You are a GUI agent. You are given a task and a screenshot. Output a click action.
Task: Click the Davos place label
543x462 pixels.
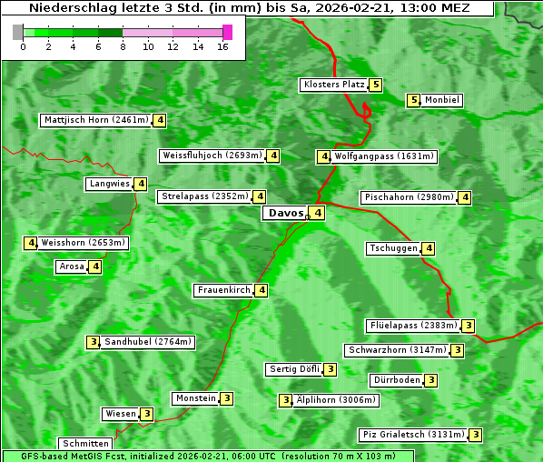pos(285,214)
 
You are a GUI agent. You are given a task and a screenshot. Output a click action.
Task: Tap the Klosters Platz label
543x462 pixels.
pos(333,85)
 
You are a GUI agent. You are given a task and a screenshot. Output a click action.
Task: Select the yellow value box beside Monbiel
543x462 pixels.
pos(413,100)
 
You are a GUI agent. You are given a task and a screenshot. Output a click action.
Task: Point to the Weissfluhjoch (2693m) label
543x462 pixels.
pos(212,156)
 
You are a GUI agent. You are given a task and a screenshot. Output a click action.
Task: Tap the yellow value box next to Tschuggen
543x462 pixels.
pos(429,248)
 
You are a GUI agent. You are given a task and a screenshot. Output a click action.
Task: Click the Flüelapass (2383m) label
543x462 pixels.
pos(412,326)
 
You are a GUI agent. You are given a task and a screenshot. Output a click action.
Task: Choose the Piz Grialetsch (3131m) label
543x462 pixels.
pos(412,435)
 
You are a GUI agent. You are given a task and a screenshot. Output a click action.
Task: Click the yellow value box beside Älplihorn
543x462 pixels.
pos(285,400)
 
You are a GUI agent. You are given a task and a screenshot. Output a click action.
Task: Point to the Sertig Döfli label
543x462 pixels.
pos(294,369)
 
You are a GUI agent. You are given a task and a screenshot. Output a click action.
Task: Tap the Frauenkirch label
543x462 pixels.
pos(223,290)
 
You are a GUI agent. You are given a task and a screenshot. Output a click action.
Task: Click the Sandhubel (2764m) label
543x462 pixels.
pos(148,342)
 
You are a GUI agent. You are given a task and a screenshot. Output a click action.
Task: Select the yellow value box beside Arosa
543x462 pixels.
pos(94,266)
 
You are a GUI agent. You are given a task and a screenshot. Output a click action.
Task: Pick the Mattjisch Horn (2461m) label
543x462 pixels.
pos(95,119)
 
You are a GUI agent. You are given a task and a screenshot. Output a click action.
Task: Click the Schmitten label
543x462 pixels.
pos(86,444)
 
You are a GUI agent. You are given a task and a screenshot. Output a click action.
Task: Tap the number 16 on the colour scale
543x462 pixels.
pos(222,46)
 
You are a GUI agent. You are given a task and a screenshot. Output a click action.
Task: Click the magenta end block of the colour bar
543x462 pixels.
pos(227,32)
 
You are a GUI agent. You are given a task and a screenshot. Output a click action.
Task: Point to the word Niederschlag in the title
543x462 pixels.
pos(64,8)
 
